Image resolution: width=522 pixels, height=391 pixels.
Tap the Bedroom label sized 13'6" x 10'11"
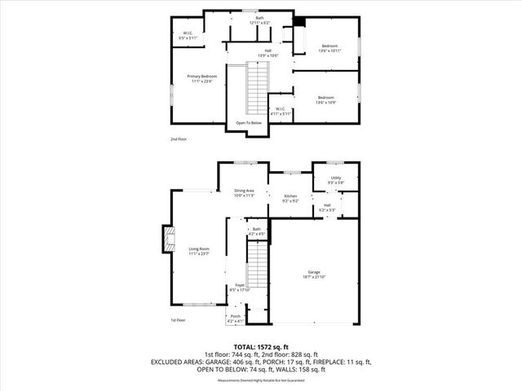[329, 48]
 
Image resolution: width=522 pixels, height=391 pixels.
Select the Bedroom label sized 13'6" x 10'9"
[326, 100]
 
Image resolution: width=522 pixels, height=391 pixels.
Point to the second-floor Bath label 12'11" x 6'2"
[259, 20]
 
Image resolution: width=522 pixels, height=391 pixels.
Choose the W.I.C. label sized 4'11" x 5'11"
[280, 111]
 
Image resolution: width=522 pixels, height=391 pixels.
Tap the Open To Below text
[249, 123]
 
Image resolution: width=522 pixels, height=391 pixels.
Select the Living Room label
[200, 251]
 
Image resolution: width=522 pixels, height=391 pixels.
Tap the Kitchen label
[290, 198]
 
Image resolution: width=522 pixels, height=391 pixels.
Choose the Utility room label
[335, 179]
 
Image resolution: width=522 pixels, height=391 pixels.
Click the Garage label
[314, 275]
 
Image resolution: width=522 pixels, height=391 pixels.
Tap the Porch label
[235, 319]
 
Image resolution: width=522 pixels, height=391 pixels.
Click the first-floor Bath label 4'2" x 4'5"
[256, 232]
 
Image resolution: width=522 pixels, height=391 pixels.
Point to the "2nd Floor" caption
[179, 139]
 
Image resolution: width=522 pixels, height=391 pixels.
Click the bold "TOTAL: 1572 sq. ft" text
[261, 346]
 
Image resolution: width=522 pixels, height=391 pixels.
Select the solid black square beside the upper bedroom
[299, 22]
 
